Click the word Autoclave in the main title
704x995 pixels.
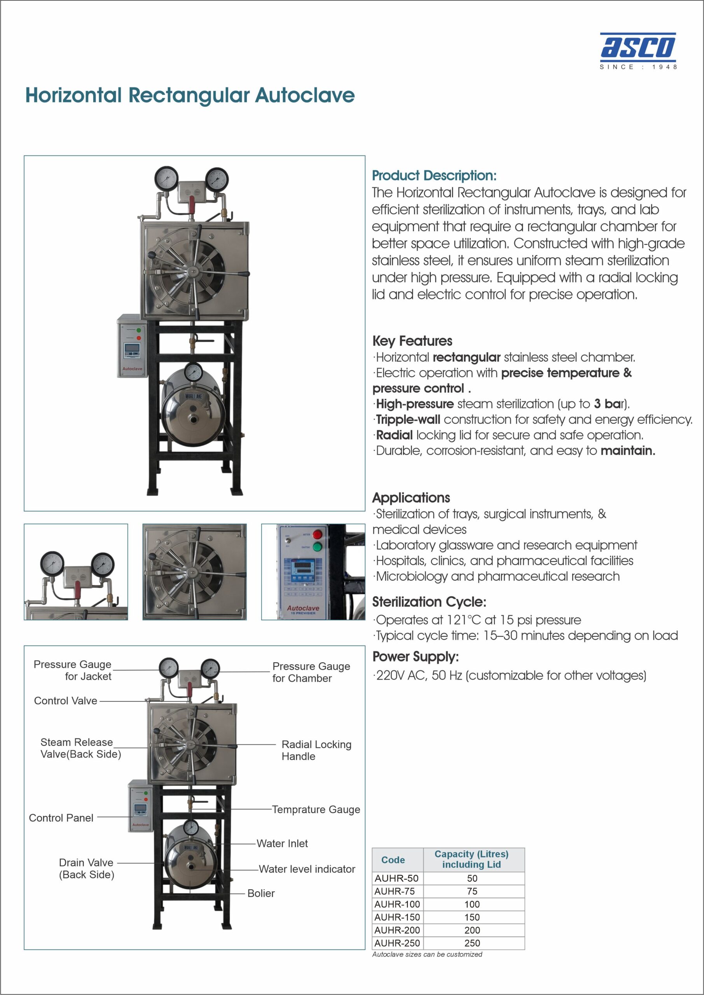[304, 95]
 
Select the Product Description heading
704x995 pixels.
[434, 176]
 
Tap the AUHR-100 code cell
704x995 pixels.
[397, 904]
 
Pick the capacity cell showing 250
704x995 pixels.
[472, 943]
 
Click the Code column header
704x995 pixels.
[393, 860]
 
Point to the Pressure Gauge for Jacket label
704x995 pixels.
[72, 670]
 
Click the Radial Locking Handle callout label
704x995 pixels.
[316, 750]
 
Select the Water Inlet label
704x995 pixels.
[282, 843]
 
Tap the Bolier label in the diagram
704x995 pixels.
[261, 893]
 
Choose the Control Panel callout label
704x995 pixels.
[61, 818]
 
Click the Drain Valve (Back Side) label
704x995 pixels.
[86, 868]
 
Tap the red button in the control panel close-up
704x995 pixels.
[317, 534]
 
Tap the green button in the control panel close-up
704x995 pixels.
[317, 546]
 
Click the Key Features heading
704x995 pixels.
[412, 341]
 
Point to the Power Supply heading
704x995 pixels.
[415, 656]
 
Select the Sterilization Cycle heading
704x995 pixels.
[429, 602]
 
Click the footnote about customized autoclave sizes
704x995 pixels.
[426, 954]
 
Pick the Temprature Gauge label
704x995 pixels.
[316, 810]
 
